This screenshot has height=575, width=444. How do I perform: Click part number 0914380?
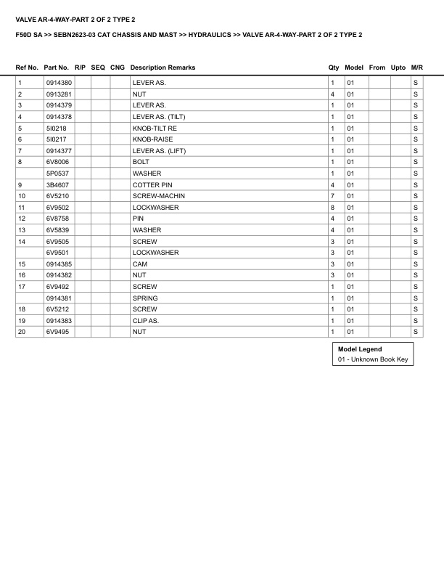click(59, 83)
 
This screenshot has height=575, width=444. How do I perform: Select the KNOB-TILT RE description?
click(154, 128)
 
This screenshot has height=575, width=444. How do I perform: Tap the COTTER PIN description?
click(152, 185)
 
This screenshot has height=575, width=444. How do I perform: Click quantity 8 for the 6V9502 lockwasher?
click(332, 208)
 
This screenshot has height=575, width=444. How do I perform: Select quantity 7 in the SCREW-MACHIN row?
click(332, 196)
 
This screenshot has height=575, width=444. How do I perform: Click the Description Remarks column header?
click(163, 68)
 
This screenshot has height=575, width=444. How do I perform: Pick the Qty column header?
click(334, 68)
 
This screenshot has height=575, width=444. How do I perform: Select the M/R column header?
click(416, 68)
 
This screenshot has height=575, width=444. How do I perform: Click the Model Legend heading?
click(360, 349)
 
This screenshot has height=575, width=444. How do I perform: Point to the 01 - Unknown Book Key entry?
click(373, 359)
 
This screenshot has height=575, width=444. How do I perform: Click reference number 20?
click(22, 332)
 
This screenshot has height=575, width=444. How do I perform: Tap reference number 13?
click(22, 230)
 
